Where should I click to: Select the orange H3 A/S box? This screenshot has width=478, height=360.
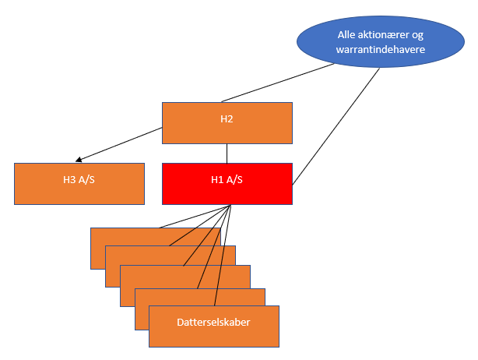(79, 183)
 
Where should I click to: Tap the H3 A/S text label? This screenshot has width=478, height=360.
(79, 179)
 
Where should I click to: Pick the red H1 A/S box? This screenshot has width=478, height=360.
(227, 183)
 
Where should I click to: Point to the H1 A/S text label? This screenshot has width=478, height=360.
(227, 179)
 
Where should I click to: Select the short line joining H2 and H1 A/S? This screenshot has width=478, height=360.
(227, 153)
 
